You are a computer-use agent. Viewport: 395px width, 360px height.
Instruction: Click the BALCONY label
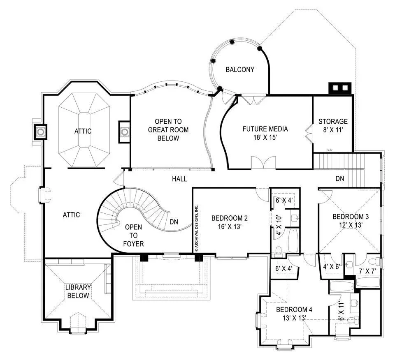(240, 69)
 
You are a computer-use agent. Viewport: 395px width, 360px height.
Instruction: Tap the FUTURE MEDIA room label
(265, 129)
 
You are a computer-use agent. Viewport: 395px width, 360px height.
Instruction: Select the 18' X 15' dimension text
(265, 138)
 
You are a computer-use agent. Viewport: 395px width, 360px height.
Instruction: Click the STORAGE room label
(333, 122)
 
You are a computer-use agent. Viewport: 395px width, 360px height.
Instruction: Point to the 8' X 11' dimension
(333, 131)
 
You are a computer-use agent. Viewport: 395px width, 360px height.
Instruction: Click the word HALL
(180, 179)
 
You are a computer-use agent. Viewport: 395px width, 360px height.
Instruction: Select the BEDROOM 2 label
(229, 218)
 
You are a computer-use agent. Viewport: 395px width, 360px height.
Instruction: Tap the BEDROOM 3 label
(348, 217)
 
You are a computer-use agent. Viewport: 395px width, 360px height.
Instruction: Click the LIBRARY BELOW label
(78, 291)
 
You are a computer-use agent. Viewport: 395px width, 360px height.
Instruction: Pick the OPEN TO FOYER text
(134, 235)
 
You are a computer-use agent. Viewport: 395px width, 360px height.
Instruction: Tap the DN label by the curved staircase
(174, 222)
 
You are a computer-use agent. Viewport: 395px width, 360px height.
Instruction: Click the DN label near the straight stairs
(340, 179)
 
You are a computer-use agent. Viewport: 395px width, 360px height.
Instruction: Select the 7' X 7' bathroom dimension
(367, 271)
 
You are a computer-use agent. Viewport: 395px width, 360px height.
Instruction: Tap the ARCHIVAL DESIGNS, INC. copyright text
(197, 227)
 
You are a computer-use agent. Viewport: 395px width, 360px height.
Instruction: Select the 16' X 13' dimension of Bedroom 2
(229, 226)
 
